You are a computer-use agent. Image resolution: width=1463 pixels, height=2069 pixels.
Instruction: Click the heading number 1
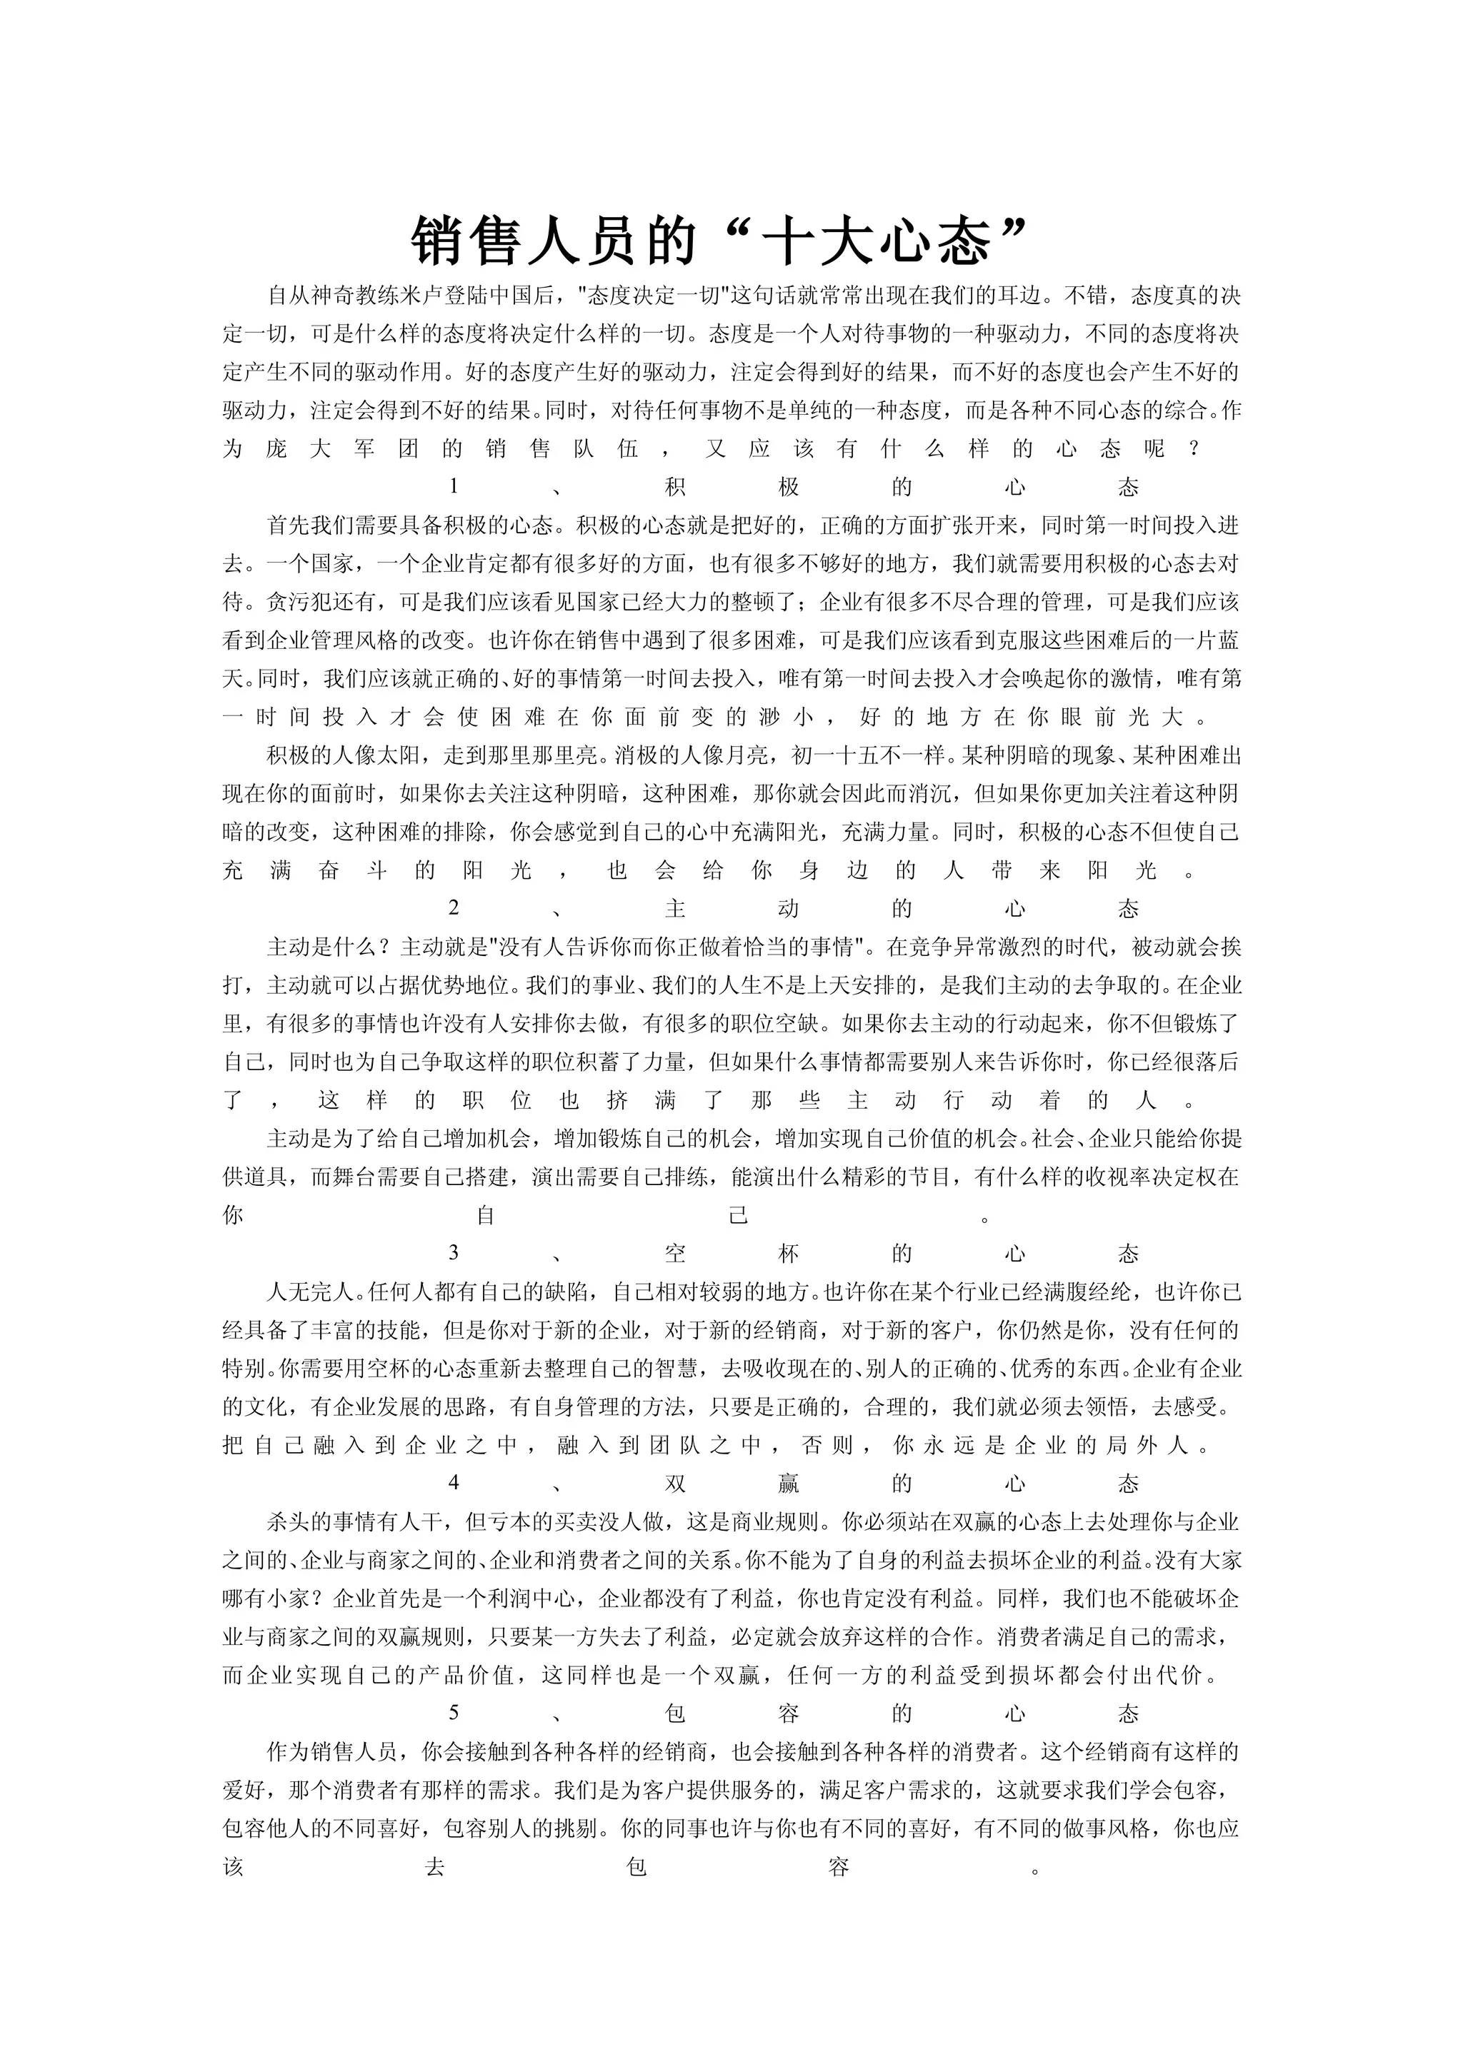(454, 488)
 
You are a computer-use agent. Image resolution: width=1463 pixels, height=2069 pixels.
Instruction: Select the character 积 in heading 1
(675, 488)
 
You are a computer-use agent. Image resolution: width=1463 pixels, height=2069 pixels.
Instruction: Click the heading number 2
(454, 908)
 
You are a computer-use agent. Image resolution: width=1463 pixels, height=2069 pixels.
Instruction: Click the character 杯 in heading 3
(789, 1254)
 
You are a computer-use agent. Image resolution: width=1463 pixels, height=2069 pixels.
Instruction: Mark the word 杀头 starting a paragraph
(289, 1522)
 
